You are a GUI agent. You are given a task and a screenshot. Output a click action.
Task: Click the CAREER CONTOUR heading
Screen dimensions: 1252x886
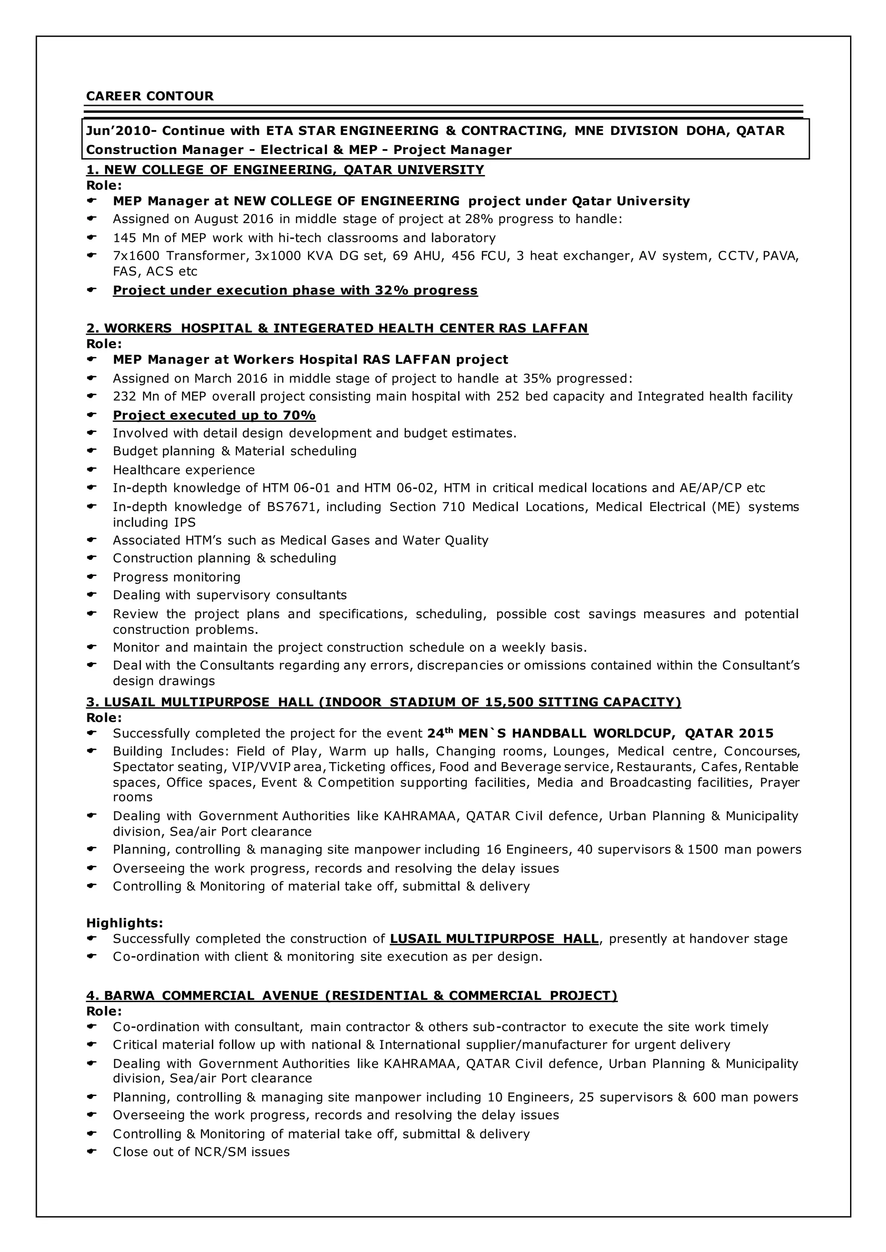click(150, 96)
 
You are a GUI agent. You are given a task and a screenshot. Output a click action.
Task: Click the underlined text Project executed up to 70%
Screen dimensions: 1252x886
click(214, 415)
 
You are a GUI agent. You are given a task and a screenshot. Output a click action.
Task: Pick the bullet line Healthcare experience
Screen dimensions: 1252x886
click(184, 470)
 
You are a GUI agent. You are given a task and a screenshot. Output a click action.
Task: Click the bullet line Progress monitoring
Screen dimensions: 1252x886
click(176, 577)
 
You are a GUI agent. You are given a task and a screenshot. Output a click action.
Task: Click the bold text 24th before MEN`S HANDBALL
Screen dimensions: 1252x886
click(440, 733)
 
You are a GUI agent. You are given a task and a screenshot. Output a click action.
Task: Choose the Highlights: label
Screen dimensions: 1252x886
click(125, 923)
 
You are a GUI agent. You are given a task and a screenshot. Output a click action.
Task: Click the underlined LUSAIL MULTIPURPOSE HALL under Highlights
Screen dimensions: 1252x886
click(494, 939)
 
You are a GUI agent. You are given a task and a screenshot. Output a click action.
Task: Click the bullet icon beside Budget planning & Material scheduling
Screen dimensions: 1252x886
click(92, 451)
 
